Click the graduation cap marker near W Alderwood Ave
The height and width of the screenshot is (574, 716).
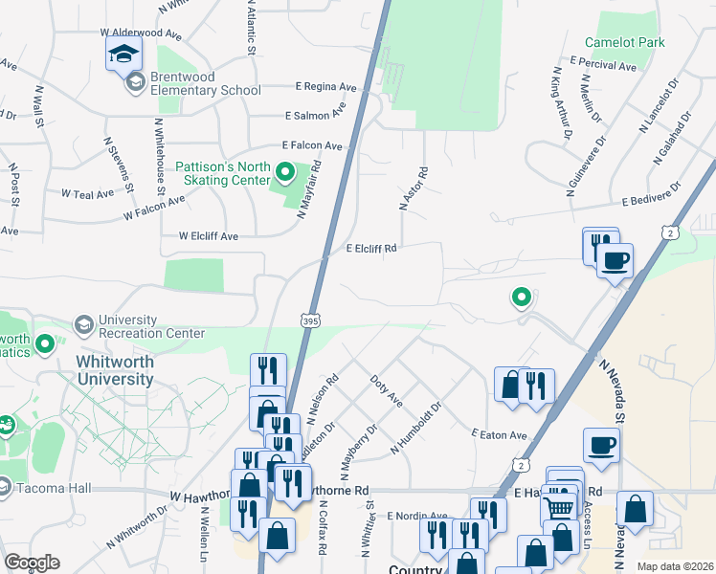coord(124,55)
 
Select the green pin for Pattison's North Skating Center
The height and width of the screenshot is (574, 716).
coord(284,173)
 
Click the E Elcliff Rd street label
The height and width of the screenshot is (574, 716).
coord(370,249)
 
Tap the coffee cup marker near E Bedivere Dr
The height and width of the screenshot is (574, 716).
coord(615,260)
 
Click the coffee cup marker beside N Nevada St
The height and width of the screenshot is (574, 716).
coord(601,446)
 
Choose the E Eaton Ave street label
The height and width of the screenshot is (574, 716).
coord(499,435)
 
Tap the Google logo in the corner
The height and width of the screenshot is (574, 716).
coord(31,563)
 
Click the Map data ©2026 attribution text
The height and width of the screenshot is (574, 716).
coord(675,566)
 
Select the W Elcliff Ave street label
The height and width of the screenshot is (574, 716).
coord(208,235)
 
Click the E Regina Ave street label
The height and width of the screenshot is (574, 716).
coord(325,86)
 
